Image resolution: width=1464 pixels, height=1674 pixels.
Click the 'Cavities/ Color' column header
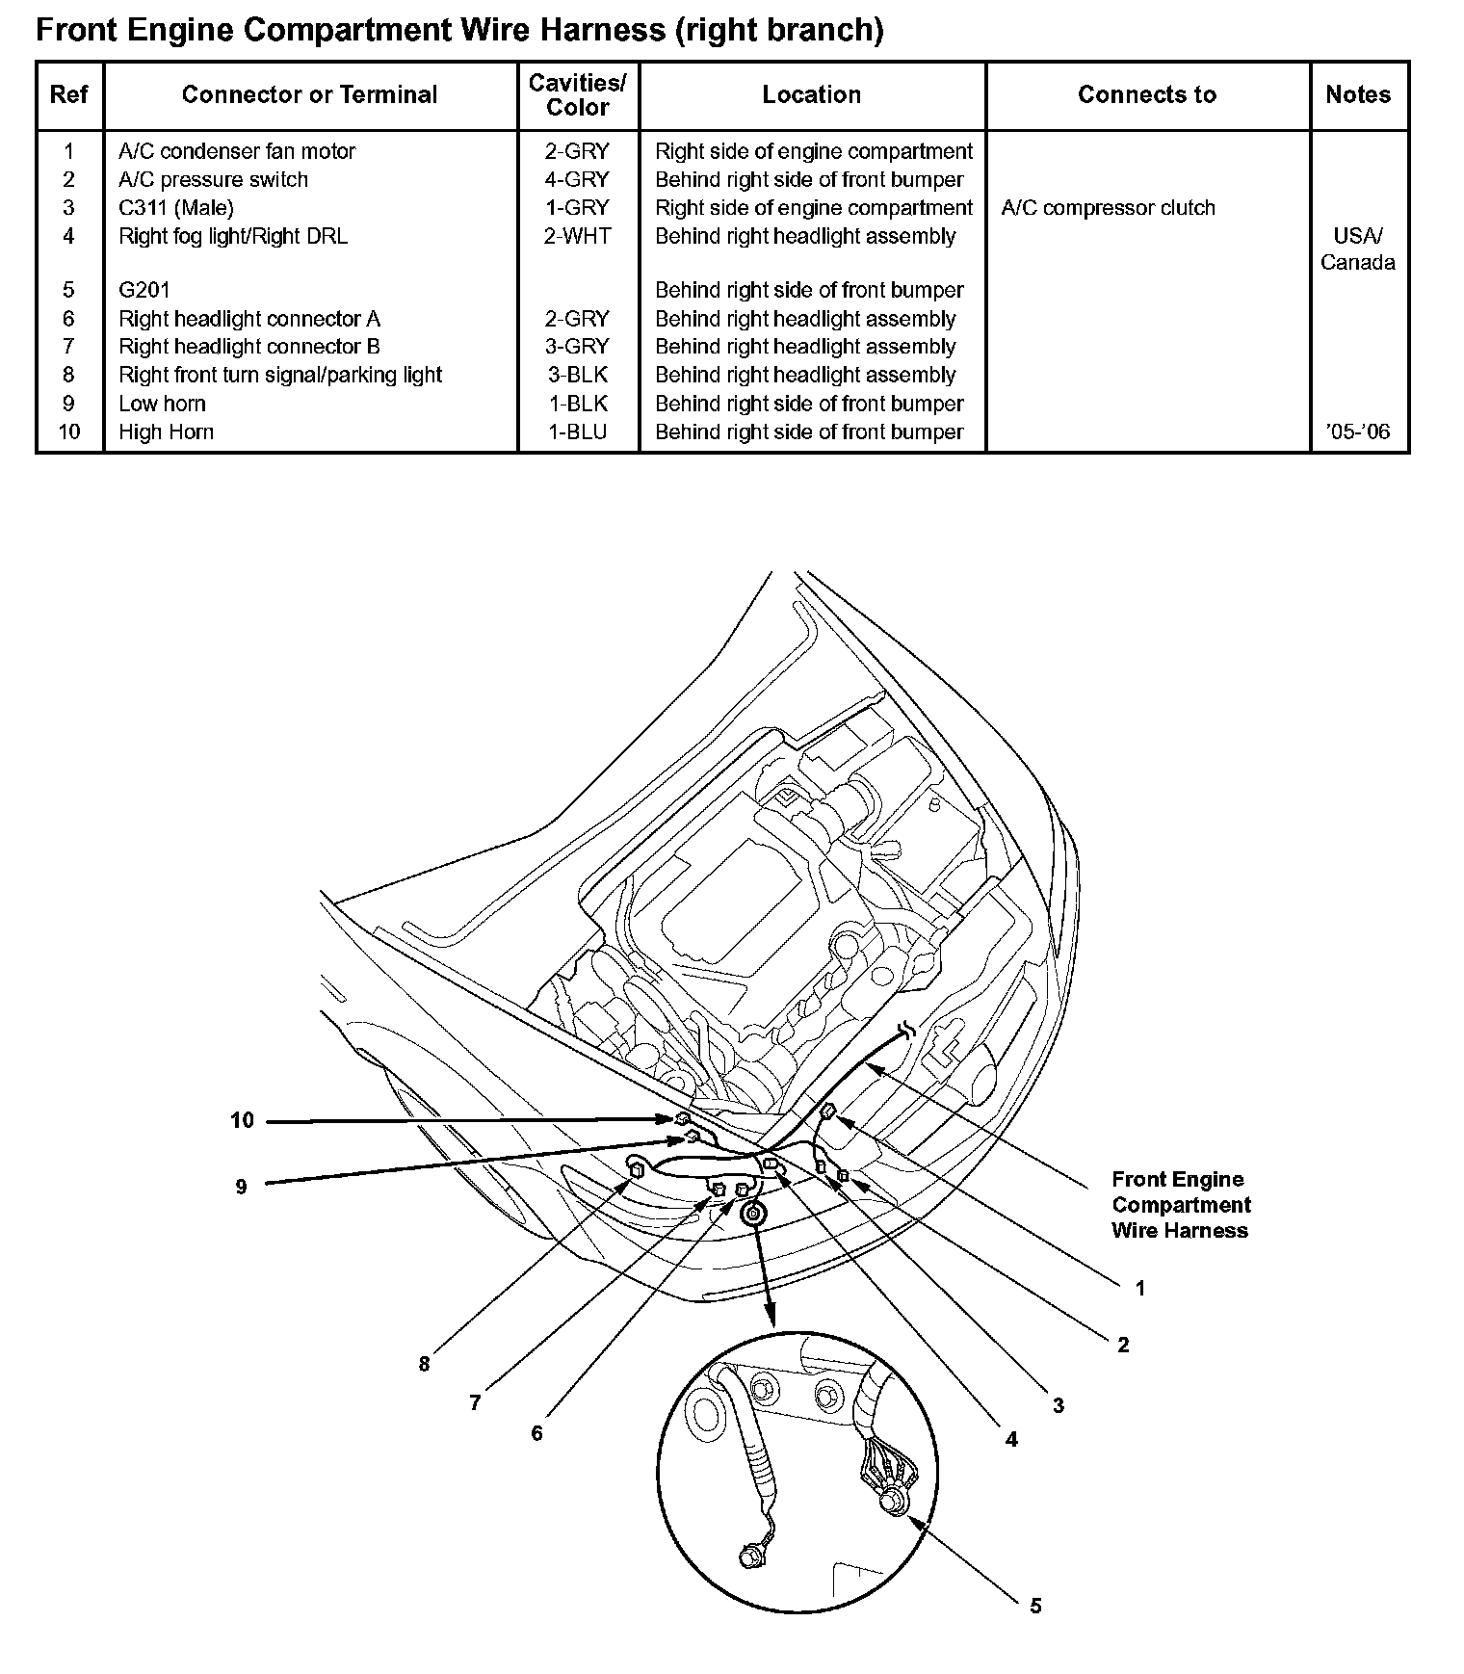point(578,94)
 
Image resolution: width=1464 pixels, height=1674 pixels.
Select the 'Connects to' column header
point(1146,94)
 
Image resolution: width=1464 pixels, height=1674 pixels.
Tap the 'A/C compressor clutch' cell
point(1108,208)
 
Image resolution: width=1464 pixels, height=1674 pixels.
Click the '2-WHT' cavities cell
point(577,236)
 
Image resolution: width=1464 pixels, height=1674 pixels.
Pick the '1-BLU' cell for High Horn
point(578,432)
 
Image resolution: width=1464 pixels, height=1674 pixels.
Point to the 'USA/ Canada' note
point(1357,248)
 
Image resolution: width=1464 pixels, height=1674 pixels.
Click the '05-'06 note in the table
point(1357,432)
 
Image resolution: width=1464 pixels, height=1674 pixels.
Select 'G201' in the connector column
point(144,291)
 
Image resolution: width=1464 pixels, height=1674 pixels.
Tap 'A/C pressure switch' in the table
point(213,180)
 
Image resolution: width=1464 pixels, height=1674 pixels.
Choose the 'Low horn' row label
point(162,405)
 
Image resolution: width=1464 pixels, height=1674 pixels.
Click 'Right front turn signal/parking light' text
point(280,376)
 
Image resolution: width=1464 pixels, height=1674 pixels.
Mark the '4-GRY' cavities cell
point(577,180)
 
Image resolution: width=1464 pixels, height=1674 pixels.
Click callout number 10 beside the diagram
point(242,1120)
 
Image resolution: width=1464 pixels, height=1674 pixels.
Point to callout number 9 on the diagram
point(242,1188)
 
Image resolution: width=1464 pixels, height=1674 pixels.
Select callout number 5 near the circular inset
point(1035,1606)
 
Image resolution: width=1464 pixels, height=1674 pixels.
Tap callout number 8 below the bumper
point(424,1364)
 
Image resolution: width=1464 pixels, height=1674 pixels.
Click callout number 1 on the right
point(1140,1289)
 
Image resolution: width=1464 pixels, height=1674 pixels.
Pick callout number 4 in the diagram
point(1011,1440)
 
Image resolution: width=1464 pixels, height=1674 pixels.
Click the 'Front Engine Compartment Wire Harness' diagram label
point(1181,1205)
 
